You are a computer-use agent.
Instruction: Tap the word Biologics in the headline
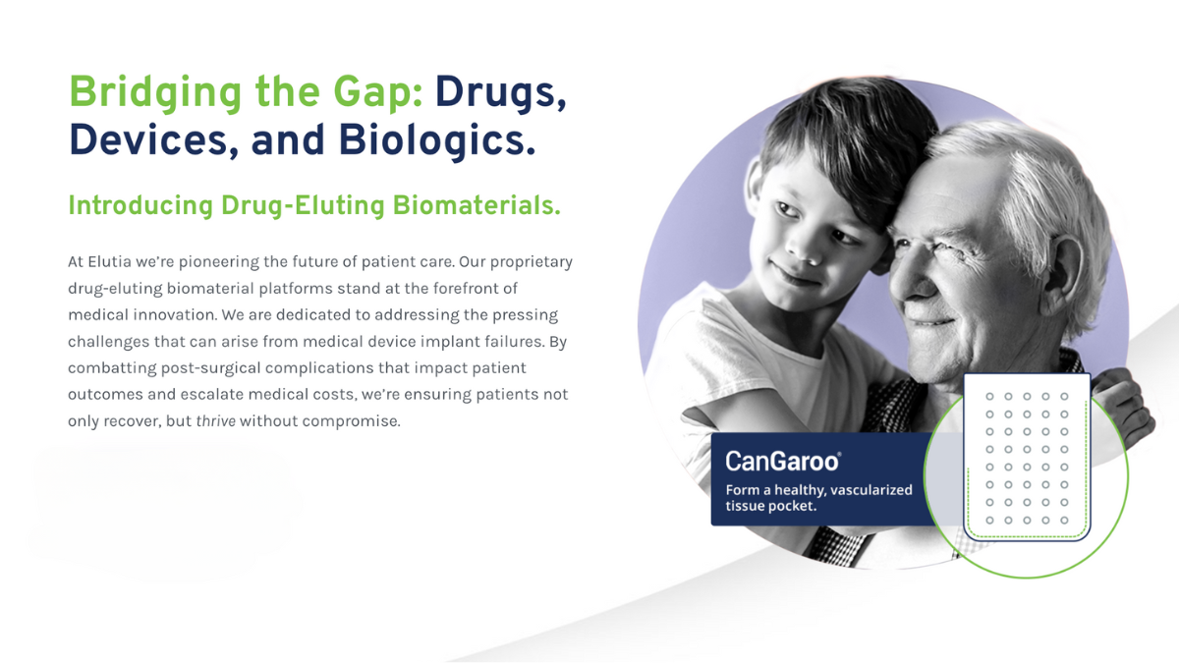(x=436, y=140)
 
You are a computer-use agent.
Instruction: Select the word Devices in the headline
(x=153, y=140)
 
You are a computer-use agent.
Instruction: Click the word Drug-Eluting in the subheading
(x=303, y=205)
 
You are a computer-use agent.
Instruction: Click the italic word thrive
(x=216, y=421)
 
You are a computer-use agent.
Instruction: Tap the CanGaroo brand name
(x=783, y=462)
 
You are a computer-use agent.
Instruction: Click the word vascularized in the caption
(x=871, y=490)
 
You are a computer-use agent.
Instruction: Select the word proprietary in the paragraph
(x=532, y=262)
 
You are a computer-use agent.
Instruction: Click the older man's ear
(x=1064, y=274)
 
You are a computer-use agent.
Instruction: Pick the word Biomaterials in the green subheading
(x=477, y=205)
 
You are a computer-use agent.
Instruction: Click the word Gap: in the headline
(x=378, y=93)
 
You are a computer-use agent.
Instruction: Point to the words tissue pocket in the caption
(x=770, y=506)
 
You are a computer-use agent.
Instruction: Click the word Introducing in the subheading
(x=140, y=205)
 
